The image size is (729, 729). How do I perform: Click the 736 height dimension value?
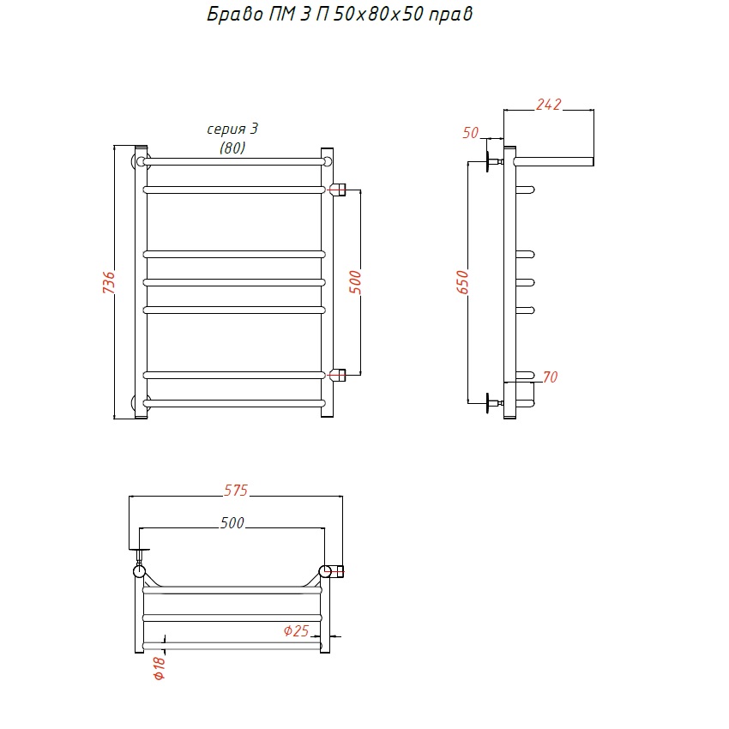tap(109, 282)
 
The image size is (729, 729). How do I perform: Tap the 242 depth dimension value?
tap(549, 105)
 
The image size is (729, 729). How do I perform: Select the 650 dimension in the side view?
tap(462, 282)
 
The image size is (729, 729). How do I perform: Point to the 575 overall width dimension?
tap(236, 491)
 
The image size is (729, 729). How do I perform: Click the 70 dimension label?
tap(550, 377)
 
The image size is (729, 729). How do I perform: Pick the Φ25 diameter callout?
tap(296, 631)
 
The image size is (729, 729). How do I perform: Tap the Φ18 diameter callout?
tap(159, 667)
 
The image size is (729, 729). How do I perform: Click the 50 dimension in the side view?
tap(471, 133)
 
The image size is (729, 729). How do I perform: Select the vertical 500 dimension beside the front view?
tap(355, 282)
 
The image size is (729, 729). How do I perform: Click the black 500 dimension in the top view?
tap(232, 523)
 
